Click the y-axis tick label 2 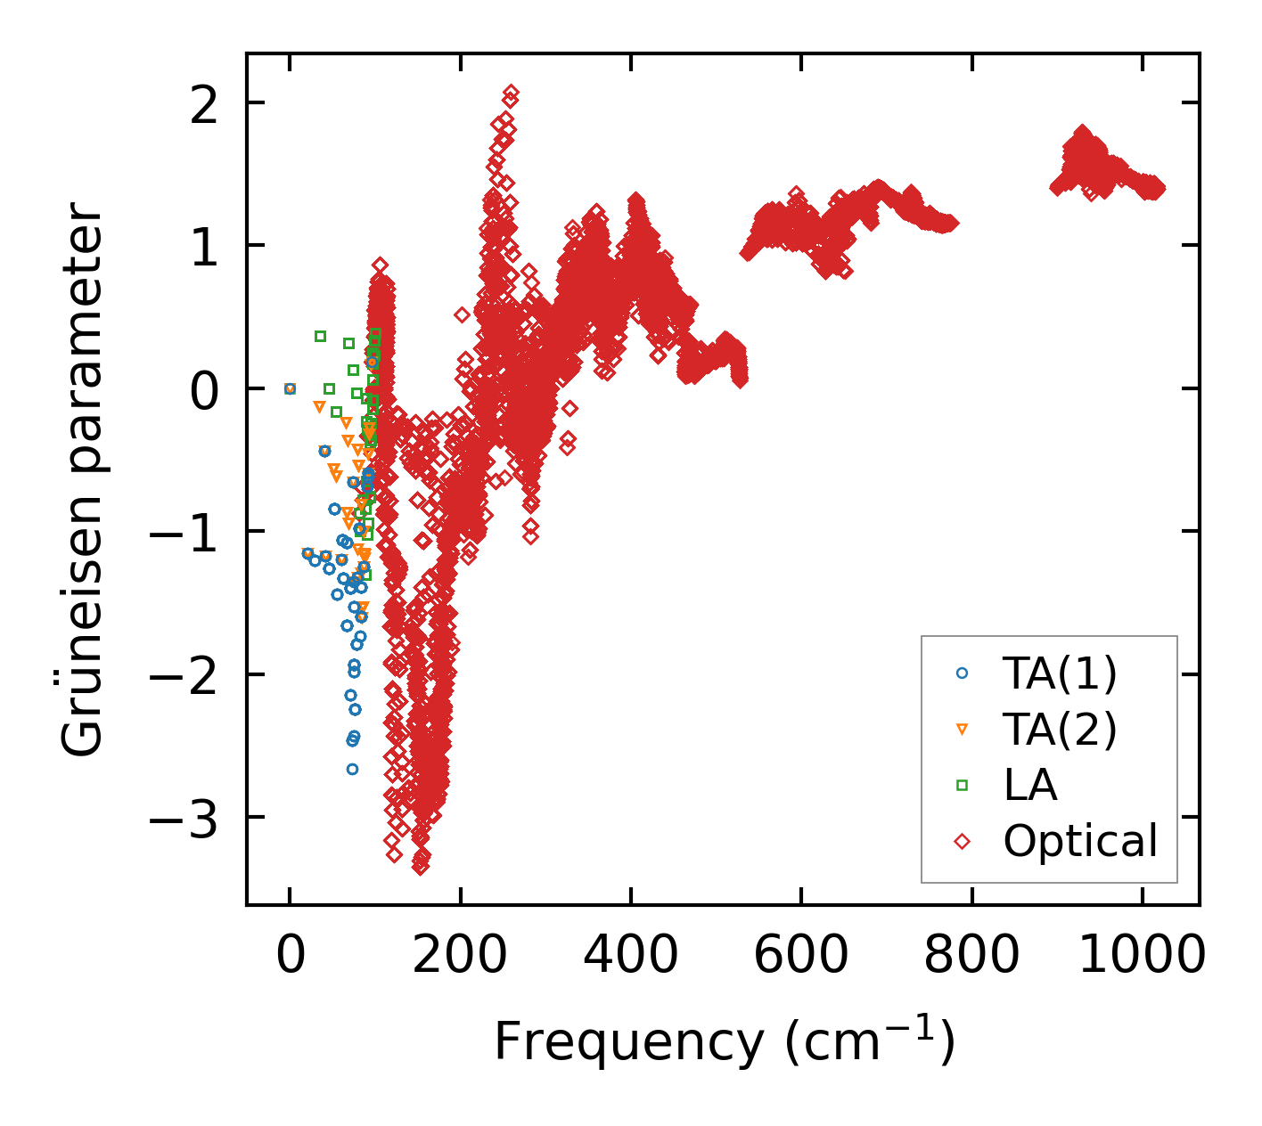[x=204, y=104]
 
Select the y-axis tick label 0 [x=204, y=390]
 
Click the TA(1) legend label [x=1060, y=674]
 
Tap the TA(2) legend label [x=1060, y=730]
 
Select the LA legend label [x=1030, y=786]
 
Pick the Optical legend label [x=1080, y=841]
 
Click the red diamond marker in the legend [x=962, y=841]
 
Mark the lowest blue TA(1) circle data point [x=352, y=769]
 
